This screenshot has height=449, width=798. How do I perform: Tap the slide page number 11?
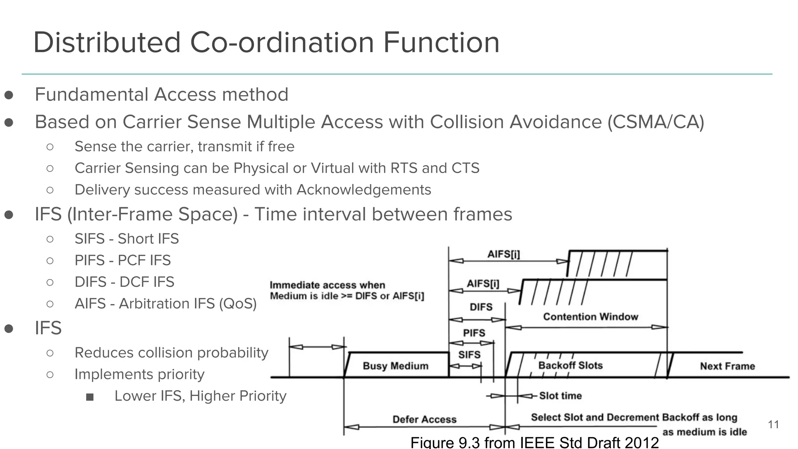(x=773, y=424)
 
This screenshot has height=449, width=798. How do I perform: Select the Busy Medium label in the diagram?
(x=395, y=366)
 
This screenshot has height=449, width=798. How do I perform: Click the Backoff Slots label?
(x=570, y=366)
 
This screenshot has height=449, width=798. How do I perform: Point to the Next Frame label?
(x=727, y=366)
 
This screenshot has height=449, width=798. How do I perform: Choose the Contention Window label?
(x=591, y=317)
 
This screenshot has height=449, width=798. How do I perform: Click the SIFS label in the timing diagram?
(x=469, y=355)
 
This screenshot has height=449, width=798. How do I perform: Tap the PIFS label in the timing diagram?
(x=474, y=333)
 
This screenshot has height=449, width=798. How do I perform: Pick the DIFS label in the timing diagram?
(x=481, y=307)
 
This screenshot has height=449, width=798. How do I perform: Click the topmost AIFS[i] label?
(x=503, y=255)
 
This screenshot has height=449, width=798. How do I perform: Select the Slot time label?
(x=560, y=396)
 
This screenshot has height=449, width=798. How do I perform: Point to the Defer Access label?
(x=424, y=419)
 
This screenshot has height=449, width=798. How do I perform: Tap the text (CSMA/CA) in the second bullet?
(x=656, y=122)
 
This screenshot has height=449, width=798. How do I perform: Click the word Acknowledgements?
(x=364, y=190)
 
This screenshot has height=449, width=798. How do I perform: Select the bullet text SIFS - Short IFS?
(x=127, y=239)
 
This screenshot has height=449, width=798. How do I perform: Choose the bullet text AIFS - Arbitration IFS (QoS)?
(x=166, y=303)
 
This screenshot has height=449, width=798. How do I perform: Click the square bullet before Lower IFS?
(x=90, y=397)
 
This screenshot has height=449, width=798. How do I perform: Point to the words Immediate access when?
(x=327, y=285)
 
